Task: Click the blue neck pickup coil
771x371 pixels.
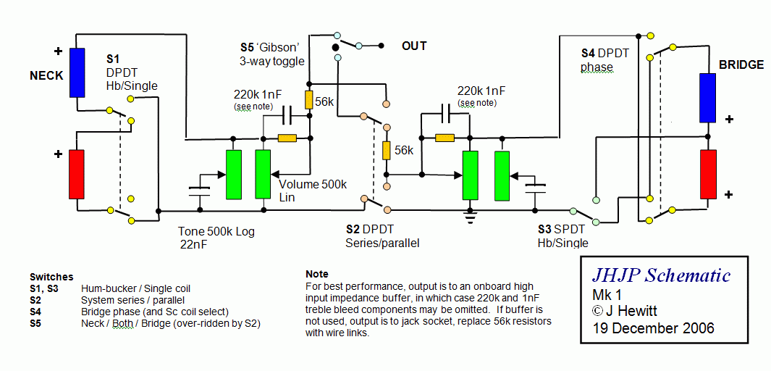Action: pos(77,72)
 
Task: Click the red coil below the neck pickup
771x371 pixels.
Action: pos(76,174)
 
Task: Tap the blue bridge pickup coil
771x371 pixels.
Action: pos(707,97)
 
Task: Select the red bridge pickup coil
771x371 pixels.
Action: pos(707,175)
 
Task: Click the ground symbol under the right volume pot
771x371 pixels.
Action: pos(471,217)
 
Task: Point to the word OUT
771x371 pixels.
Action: pos(415,46)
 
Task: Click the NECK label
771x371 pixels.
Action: pos(47,76)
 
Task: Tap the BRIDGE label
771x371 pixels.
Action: pos(741,65)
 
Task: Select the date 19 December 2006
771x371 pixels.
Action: pos(654,328)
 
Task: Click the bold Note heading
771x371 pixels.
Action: pos(316,274)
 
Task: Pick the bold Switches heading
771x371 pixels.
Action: pos(51,277)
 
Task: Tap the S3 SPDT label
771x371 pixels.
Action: pos(562,230)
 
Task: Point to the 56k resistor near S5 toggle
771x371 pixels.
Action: pos(309,99)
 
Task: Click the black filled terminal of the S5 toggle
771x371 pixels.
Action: pos(336,48)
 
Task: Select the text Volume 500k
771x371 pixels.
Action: pos(313,185)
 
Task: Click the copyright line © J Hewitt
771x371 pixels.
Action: pos(625,311)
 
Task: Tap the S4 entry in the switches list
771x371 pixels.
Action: pos(35,312)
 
